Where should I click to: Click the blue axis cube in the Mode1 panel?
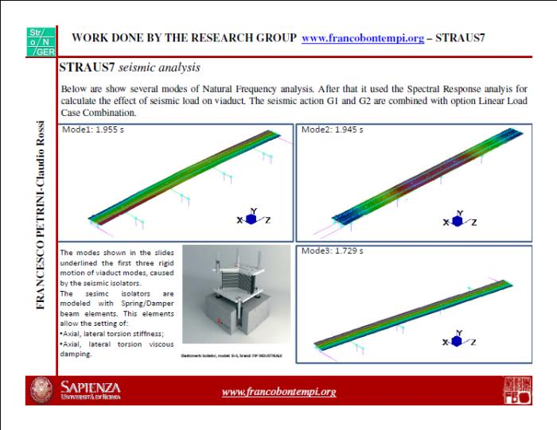(249, 219)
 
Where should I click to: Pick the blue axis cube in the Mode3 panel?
(458, 340)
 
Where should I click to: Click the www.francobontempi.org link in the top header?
(360, 38)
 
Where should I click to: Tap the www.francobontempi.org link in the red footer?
(278, 392)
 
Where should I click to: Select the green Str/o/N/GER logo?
(37, 38)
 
